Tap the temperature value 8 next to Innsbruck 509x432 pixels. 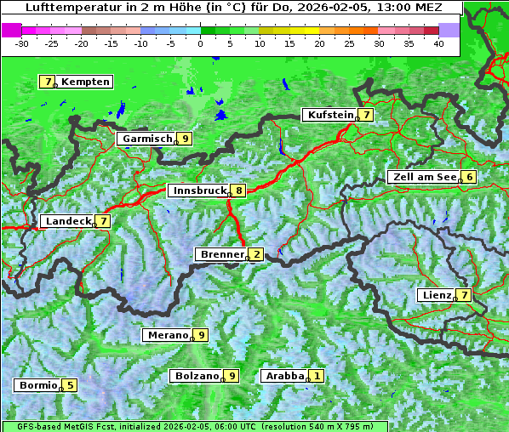(x=240, y=190)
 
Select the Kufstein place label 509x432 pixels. (x=330, y=115)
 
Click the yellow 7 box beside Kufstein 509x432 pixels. (x=366, y=115)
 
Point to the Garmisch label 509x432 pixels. (x=147, y=138)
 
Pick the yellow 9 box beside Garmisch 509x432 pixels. (x=185, y=138)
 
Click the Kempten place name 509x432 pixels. (x=85, y=82)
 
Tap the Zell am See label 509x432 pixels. (x=423, y=177)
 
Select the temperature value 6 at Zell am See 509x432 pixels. (x=468, y=177)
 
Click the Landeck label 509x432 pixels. (x=68, y=221)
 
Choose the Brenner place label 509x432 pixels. (x=221, y=254)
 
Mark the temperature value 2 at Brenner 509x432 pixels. (x=256, y=254)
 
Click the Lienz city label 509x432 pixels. (x=437, y=295)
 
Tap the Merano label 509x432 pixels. (x=167, y=335)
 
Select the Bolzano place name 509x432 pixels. (x=197, y=375)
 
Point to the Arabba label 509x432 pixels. (x=285, y=375)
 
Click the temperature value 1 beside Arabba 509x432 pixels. (x=317, y=375)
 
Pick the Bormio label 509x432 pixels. (x=38, y=384)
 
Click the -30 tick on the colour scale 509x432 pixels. (x=23, y=42)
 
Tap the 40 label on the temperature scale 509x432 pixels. (x=438, y=42)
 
